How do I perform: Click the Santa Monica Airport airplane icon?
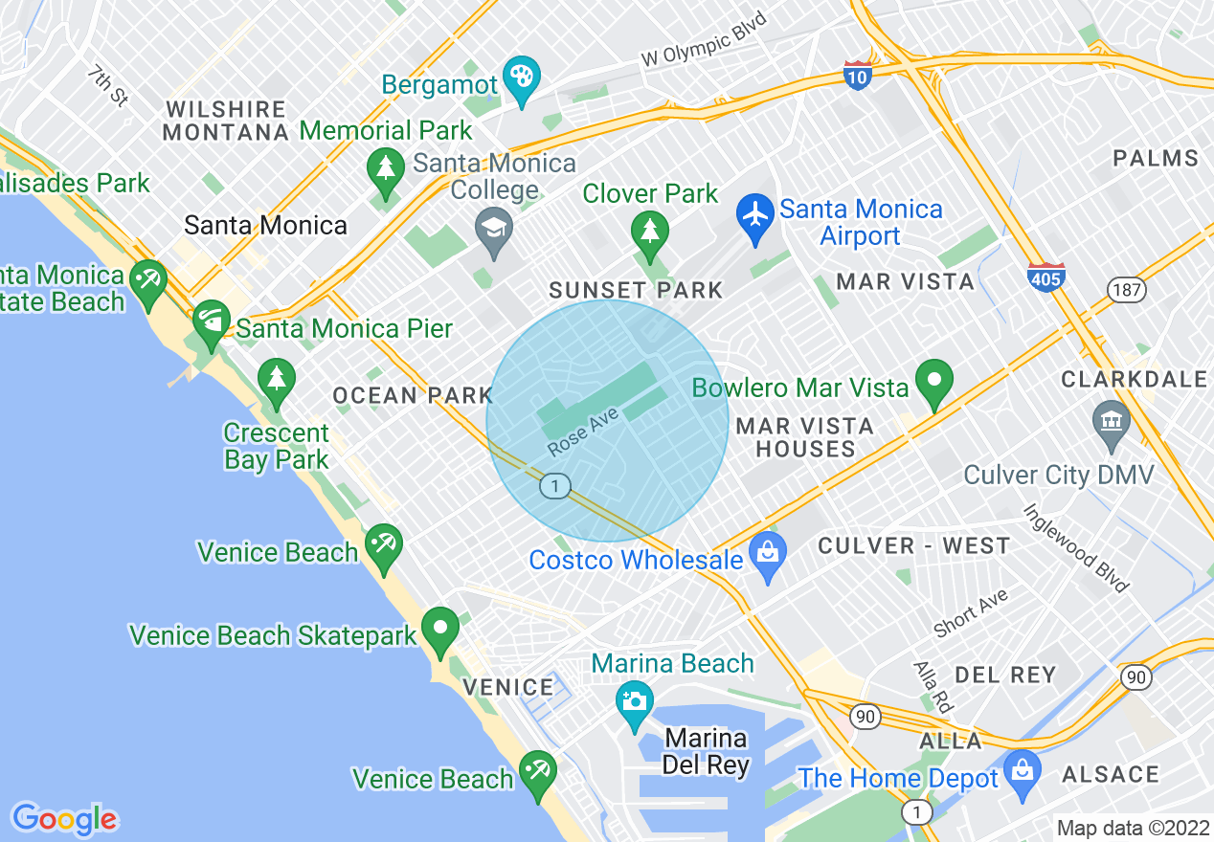pyautogui.click(x=755, y=213)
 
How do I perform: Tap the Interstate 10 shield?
pyautogui.click(x=858, y=75)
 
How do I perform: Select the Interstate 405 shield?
pyautogui.click(x=1045, y=277)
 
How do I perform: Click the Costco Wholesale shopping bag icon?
pyautogui.click(x=767, y=552)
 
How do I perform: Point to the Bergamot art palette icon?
pyautogui.click(x=523, y=75)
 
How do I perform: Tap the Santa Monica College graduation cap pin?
pyautogui.click(x=494, y=229)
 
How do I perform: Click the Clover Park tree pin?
pyautogui.click(x=650, y=231)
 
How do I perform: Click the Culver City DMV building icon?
pyautogui.click(x=1111, y=420)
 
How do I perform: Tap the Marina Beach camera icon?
pyautogui.click(x=634, y=701)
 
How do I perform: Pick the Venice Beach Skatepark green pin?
pyautogui.click(x=440, y=628)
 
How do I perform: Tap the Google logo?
pyautogui.click(x=64, y=819)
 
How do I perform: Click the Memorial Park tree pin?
pyautogui.click(x=385, y=168)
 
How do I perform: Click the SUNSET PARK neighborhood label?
pyautogui.click(x=635, y=290)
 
